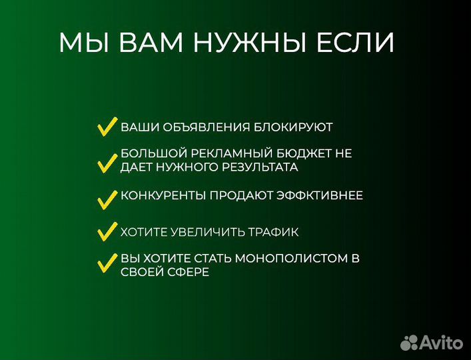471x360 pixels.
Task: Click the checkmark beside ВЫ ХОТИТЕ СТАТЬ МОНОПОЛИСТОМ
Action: [107, 263]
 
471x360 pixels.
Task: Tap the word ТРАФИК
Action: [274, 233]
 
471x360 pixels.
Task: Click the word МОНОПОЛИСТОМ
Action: [295, 258]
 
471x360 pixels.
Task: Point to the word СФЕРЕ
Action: [188, 273]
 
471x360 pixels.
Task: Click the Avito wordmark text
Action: [441, 342]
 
